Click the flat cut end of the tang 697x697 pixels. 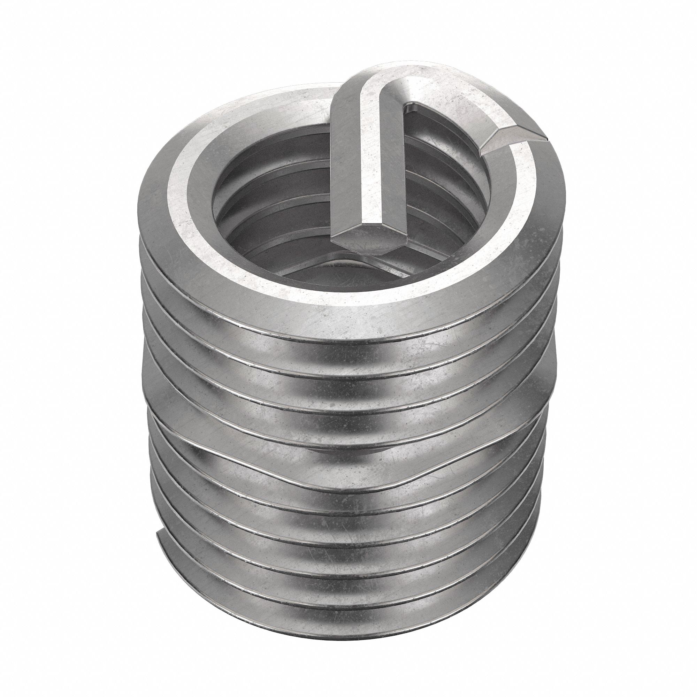pyautogui.click(x=363, y=236)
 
